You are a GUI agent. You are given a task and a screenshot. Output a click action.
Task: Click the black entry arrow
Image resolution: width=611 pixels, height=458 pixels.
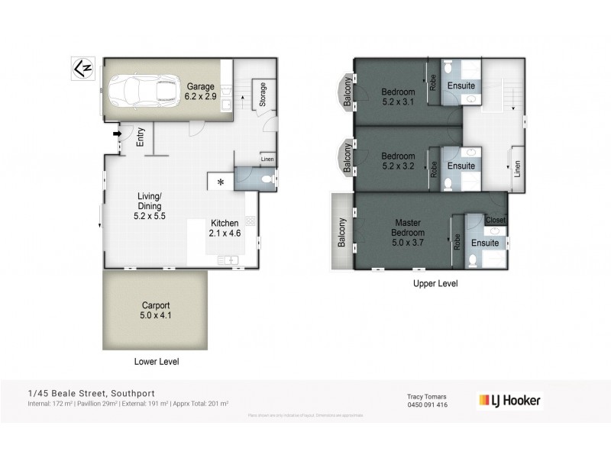[x=118, y=135]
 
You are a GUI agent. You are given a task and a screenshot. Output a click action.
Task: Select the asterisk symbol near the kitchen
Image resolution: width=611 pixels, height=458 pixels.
[x=221, y=182]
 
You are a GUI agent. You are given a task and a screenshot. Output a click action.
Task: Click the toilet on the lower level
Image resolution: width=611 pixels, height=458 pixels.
[x=265, y=179]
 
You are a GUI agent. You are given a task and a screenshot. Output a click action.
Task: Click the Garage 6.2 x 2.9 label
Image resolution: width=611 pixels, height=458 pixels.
[x=201, y=92]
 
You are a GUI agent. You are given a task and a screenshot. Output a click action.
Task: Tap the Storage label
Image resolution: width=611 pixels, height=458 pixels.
[x=263, y=95]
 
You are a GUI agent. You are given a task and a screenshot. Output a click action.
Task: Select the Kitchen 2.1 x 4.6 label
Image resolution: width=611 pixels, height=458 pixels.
[x=226, y=228]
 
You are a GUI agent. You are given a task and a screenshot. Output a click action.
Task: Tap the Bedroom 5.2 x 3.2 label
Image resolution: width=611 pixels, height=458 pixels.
[x=398, y=161]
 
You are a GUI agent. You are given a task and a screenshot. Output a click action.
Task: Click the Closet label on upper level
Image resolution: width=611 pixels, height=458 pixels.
[x=496, y=220]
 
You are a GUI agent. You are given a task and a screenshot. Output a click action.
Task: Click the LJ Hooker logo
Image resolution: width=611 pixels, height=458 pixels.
[x=509, y=400]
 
